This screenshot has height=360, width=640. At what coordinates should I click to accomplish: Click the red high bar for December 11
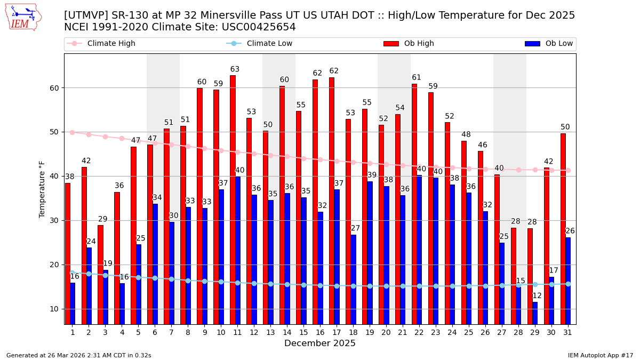point(233,199)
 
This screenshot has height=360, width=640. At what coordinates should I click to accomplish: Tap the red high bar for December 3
point(100,274)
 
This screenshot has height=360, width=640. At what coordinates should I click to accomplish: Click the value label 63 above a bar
point(235,69)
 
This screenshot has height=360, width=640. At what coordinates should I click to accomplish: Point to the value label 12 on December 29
point(537,296)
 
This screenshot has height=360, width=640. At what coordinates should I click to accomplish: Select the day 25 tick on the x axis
point(469,332)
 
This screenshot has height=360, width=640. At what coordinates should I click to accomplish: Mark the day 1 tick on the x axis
point(73,332)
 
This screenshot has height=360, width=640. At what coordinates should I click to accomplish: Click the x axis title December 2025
point(319,343)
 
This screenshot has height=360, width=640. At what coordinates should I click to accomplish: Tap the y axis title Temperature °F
point(42,189)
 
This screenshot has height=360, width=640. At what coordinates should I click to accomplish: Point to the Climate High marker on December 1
point(73,132)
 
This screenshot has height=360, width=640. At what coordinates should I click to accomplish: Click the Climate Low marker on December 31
point(568,284)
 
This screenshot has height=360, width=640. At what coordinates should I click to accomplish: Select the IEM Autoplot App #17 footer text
point(600,355)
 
